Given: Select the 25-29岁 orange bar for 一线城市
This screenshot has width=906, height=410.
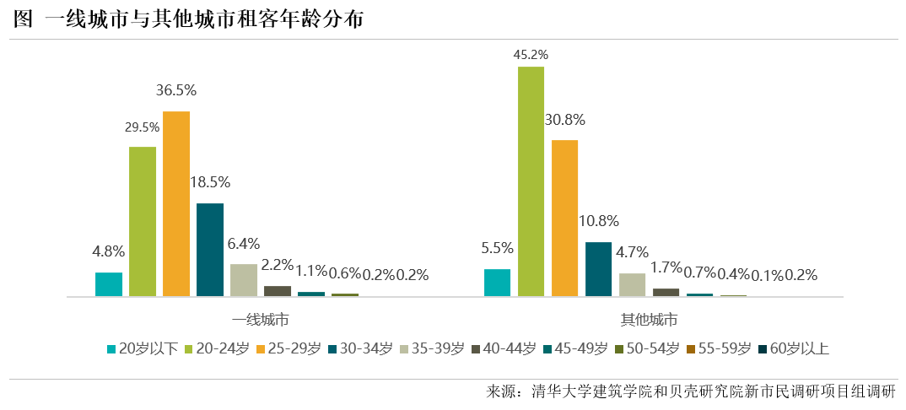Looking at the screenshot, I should pos(176,203).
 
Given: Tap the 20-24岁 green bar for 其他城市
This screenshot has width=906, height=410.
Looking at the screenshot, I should pos(531,181).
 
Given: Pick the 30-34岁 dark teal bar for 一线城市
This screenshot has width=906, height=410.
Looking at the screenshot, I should pos(210,250).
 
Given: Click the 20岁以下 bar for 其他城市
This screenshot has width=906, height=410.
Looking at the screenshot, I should pos(498,283).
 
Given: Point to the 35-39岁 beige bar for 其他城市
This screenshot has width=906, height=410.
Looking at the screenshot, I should pos(632,284).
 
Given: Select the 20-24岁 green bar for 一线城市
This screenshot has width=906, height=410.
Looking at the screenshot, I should pos(143,221).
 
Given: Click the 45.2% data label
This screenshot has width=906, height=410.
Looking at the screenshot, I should pos(531,55).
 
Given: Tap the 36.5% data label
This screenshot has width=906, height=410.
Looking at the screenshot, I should pos(176,90).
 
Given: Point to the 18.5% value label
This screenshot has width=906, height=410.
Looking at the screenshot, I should pos(210,182).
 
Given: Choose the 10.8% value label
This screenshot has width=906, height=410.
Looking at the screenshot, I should pos(599,221).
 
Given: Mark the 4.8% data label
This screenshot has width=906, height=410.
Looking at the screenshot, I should pos(109,251).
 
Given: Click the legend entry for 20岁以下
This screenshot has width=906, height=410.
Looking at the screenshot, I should pos(143,348).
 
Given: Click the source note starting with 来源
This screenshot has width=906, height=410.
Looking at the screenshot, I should pos(691,392).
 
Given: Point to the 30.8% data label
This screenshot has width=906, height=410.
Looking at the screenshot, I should pos(565,120).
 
